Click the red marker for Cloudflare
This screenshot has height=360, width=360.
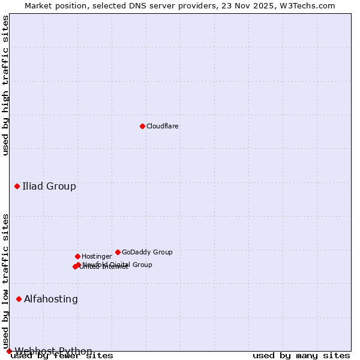point(142,126)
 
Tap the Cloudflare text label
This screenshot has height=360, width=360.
point(163,126)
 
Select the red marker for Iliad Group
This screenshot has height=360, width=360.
point(17,186)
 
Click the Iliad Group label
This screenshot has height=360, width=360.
point(49,186)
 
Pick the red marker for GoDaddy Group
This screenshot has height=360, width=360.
point(118,252)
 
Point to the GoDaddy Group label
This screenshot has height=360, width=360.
point(147,252)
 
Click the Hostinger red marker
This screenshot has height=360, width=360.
point(77,256)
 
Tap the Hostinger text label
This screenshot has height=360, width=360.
point(97,256)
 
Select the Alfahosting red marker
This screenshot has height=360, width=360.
point(19,299)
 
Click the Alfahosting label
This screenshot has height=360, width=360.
point(51,299)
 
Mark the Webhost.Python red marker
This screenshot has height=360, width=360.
point(9,351)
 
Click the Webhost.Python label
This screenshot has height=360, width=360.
point(53,351)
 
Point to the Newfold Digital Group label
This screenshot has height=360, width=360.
point(118,264)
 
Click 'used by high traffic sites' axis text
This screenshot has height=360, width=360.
point(6,85)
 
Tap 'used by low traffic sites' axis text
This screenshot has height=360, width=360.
point(6,281)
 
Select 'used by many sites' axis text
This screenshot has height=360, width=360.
point(301,356)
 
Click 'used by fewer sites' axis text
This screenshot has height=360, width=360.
point(62,356)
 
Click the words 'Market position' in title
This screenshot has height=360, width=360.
point(53,5)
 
